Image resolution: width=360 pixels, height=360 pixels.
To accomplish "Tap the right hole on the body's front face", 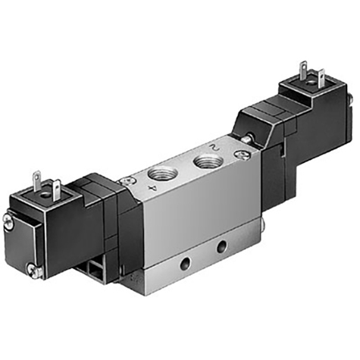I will [x=221, y=247].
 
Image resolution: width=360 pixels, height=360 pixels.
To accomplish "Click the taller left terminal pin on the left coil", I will [x=36, y=180].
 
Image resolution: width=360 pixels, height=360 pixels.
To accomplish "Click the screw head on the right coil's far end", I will [x=350, y=99].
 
